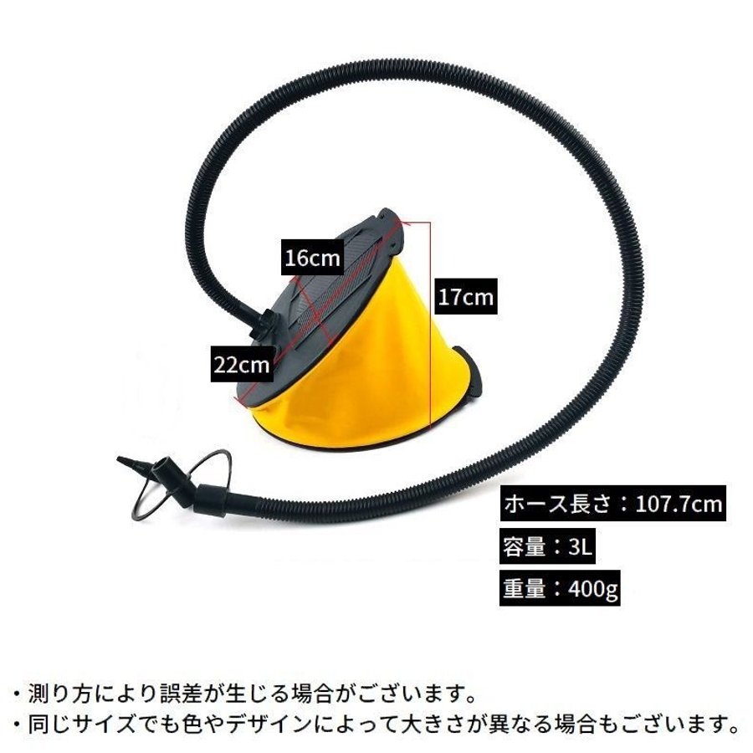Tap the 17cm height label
[x=464, y=297]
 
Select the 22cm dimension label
[x=241, y=364]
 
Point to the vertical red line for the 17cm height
[x=430, y=335]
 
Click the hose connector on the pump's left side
[x=266, y=322]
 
